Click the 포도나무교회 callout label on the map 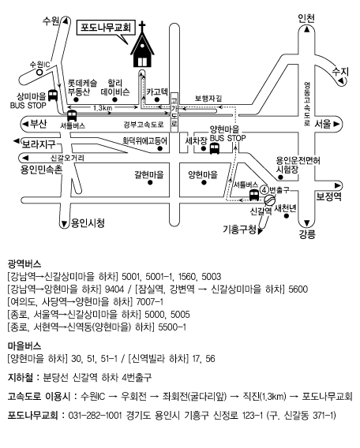(x=106, y=28)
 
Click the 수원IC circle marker (x=39, y=72)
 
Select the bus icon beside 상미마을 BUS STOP (x=53, y=95)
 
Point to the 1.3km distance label (x=103, y=108)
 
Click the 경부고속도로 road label (x=144, y=125)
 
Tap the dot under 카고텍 (x=156, y=99)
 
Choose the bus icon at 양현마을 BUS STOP (x=215, y=148)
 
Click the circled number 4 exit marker (x=264, y=189)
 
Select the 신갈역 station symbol (x=268, y=200)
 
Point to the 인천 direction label (x=306, y=18)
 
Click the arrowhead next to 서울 (x=336, y=125)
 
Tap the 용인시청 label (x=88, y=223)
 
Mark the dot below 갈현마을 (x=150, y=182)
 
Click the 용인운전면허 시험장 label (x=298, y=165)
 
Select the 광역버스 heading (x=24, y=263)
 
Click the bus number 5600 (x=298, y=289)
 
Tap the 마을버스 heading (x=24, y=346)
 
